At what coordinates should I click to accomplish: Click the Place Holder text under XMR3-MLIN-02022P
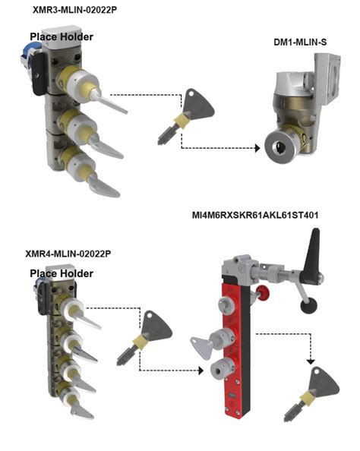tap(62, 36)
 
